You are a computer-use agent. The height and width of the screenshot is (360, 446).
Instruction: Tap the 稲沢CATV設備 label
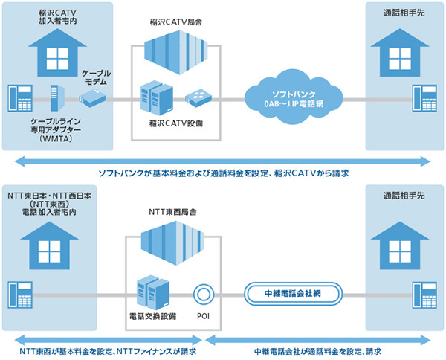(x=176, y=120)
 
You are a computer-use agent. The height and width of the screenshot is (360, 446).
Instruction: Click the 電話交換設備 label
(x=152, y=315)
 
